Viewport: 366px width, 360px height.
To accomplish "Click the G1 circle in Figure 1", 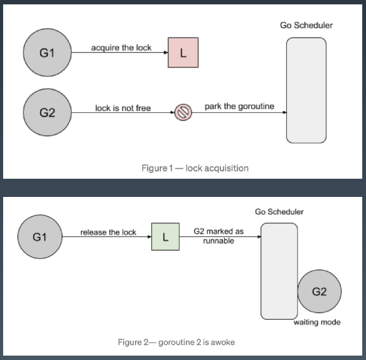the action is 47,53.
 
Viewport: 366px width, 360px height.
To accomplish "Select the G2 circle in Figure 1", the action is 47,112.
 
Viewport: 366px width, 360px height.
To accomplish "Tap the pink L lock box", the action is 183,53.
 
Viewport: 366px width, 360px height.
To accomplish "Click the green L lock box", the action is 166,236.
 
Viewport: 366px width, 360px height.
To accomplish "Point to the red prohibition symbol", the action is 183,112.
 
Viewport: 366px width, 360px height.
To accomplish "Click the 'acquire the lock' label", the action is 121,48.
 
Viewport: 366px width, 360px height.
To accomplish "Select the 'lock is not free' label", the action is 123,108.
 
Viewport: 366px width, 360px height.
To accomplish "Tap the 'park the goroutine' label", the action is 239,107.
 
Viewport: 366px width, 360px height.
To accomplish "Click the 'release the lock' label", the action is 109,232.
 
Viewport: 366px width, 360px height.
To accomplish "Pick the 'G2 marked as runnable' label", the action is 218,236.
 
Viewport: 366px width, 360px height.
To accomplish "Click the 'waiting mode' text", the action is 317,322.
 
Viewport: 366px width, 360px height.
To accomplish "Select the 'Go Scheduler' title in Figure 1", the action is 306,25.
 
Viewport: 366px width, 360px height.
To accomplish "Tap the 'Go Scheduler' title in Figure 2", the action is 279,212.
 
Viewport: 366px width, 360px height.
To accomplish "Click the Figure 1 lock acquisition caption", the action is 195,168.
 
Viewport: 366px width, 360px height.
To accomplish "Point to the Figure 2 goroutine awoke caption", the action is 176,342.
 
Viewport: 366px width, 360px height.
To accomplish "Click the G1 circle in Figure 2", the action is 40,236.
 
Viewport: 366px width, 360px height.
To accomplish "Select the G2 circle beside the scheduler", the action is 320,291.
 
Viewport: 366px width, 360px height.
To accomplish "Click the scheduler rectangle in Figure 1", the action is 306,90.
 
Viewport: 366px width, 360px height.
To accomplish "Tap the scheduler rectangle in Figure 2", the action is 279,271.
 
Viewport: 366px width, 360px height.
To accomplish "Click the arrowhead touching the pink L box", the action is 166,53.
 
